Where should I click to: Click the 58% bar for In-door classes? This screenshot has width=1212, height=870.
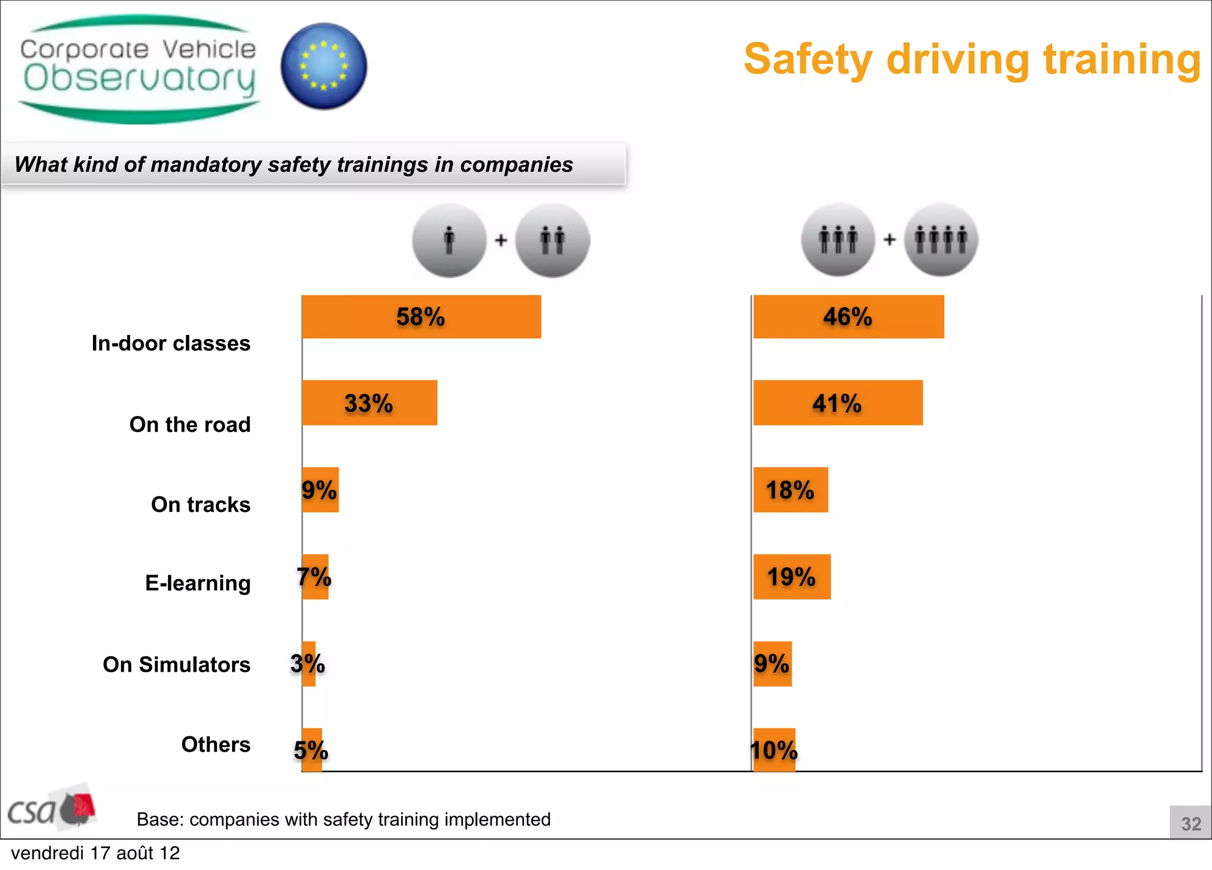(x=421, y=317)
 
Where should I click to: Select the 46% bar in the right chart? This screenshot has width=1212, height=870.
(x=848, y=317)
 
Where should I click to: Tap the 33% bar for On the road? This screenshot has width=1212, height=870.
(x=369, y=403)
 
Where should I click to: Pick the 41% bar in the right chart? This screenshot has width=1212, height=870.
(x=837, y=403)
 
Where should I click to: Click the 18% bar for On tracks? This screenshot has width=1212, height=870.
(x=790, y=490)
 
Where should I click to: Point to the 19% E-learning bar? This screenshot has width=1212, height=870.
(x=791, y=577)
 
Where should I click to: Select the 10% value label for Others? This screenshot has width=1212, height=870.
(x=774, y=750)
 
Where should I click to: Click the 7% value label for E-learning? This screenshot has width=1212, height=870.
(x=314, y=577)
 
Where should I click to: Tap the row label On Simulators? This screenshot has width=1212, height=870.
(x=176, y=665)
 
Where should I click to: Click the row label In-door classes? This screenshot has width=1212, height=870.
(x=171, y=343)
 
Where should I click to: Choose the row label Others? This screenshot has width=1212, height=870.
(x=215, y=745)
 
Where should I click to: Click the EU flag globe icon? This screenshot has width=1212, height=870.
(x=324, y=66)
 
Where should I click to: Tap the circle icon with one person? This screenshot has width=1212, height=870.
(x=449, y=240)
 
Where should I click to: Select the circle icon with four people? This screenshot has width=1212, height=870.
(x=941, y=240)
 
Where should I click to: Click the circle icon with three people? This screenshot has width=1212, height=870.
(x=838, y=240)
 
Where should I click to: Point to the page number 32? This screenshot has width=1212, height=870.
(x=1191, y=824)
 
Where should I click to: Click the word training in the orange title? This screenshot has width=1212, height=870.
(x=1122, y=59)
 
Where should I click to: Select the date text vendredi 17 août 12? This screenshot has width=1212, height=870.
(x=95, y=853)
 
